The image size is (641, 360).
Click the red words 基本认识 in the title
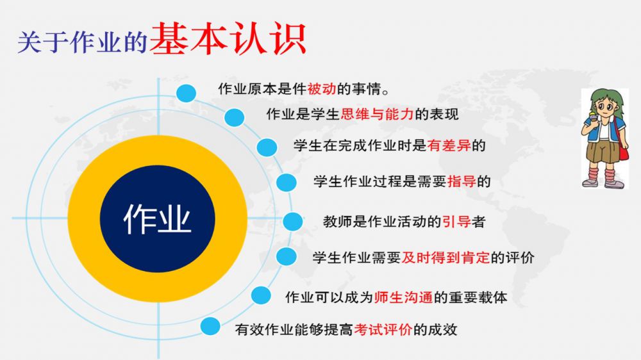pos(228,39)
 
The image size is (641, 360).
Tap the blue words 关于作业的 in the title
pos(82,42)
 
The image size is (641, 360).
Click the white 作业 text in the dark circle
pos(158,220)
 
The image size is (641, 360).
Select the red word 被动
pos(322,88)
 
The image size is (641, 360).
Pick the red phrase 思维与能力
pos(377,114)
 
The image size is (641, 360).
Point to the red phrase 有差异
pos(449,145)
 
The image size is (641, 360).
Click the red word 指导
pos(462,181)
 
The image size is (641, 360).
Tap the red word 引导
pos(456,222)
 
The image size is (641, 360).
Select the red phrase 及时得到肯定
pos(445,258)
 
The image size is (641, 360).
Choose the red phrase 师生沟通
pos(403,297)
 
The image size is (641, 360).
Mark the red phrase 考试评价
pos(383,329)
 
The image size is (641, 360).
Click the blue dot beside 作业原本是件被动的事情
pos(186,93)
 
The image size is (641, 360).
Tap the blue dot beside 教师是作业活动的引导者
pos(293,222)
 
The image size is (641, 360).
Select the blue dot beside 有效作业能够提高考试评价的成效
pos(210,326)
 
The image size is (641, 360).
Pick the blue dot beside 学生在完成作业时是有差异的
pos(267,147)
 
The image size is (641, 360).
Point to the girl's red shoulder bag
pos(622,147)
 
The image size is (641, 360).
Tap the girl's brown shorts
pos(601,152)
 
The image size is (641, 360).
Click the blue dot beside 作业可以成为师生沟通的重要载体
pos(261,295)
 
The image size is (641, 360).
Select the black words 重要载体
pos(478,297)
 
